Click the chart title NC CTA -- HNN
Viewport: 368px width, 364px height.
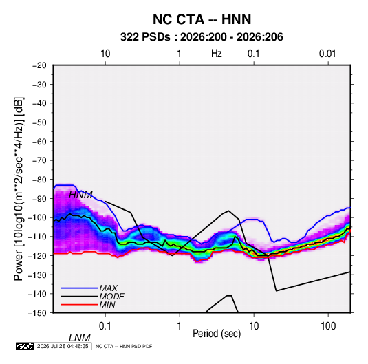click(202, 19)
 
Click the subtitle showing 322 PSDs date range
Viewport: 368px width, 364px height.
click(202, 37)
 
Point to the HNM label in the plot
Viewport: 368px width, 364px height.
click(80, 195)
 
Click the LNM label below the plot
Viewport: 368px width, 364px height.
click(80, 338)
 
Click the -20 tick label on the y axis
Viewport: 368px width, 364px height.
click(39, 65)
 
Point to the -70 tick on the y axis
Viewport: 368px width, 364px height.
click(39, 160)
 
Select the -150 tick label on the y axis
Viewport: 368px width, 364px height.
click(37, 313)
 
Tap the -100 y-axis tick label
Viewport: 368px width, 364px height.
click(37, 217)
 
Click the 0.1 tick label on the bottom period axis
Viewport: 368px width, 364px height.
click(105, 326)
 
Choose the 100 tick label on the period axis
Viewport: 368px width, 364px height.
click(328, 326)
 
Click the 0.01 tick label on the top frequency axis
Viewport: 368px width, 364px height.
click(327, 54)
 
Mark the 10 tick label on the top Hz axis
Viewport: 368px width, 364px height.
click(105, 54)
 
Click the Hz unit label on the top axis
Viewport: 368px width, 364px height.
click(217, 54)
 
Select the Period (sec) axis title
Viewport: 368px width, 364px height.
click(217, 334)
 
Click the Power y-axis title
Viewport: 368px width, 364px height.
click(19, 189)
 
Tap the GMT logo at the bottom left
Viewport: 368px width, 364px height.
click(25, 346)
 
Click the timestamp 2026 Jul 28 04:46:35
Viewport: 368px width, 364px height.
click(63, 346)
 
